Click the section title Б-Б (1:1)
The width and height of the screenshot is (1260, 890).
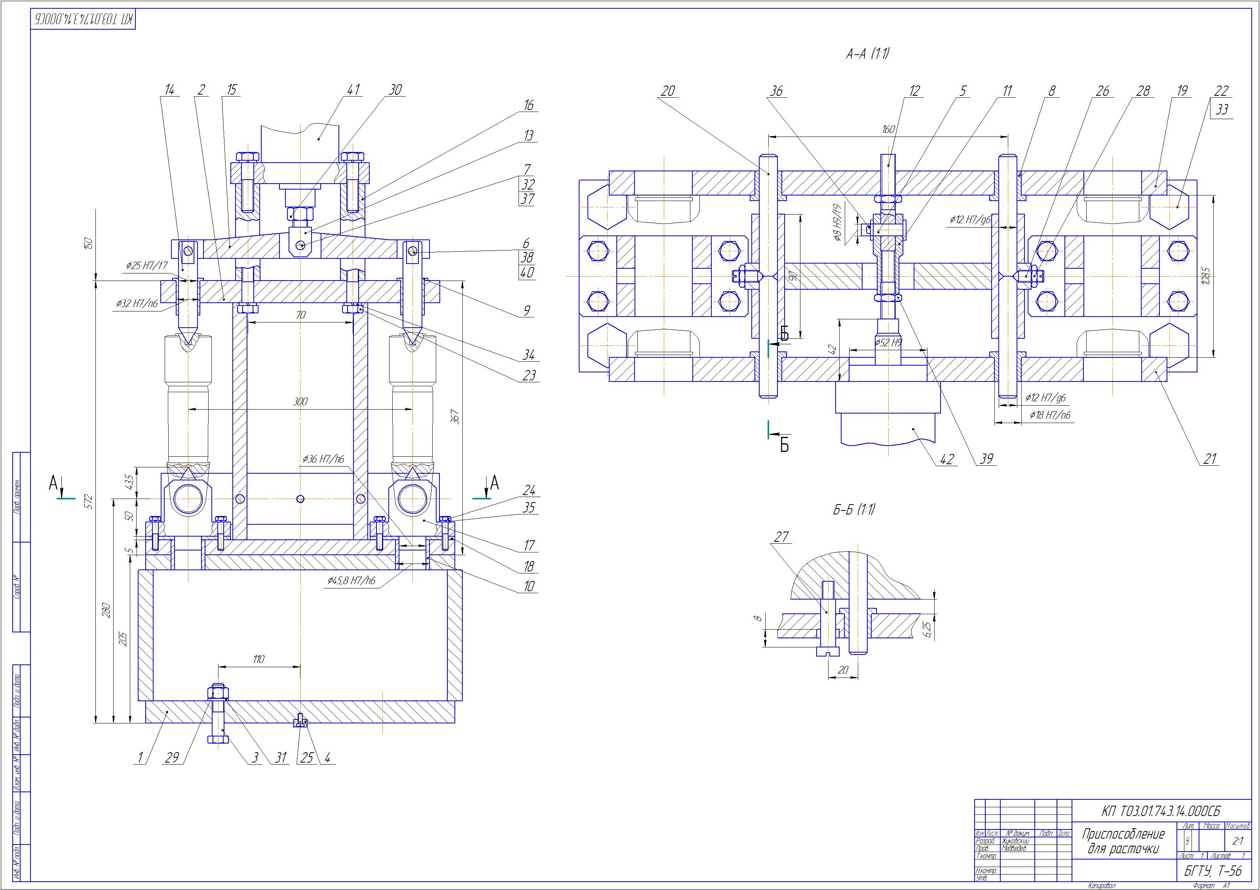click(x=853, y=510)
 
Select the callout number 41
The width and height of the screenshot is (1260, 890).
click(x=354, y=89)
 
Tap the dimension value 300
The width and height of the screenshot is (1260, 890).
click(x=300, y=402)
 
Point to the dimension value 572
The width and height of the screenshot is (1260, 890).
click(x=89, y=501)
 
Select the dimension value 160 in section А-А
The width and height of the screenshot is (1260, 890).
click(x=888, y=129)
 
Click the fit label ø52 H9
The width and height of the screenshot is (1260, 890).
click(x=888, y=342)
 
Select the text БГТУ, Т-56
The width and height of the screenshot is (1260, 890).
click(x=1213, y=871)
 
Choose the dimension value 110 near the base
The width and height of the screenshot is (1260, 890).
click(x=258, y=659)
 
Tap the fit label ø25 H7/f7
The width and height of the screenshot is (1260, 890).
click(x=146, y=266)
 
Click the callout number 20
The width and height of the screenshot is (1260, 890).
click(x=667, y=91)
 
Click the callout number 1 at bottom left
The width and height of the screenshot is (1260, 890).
click(x=140, y=758)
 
